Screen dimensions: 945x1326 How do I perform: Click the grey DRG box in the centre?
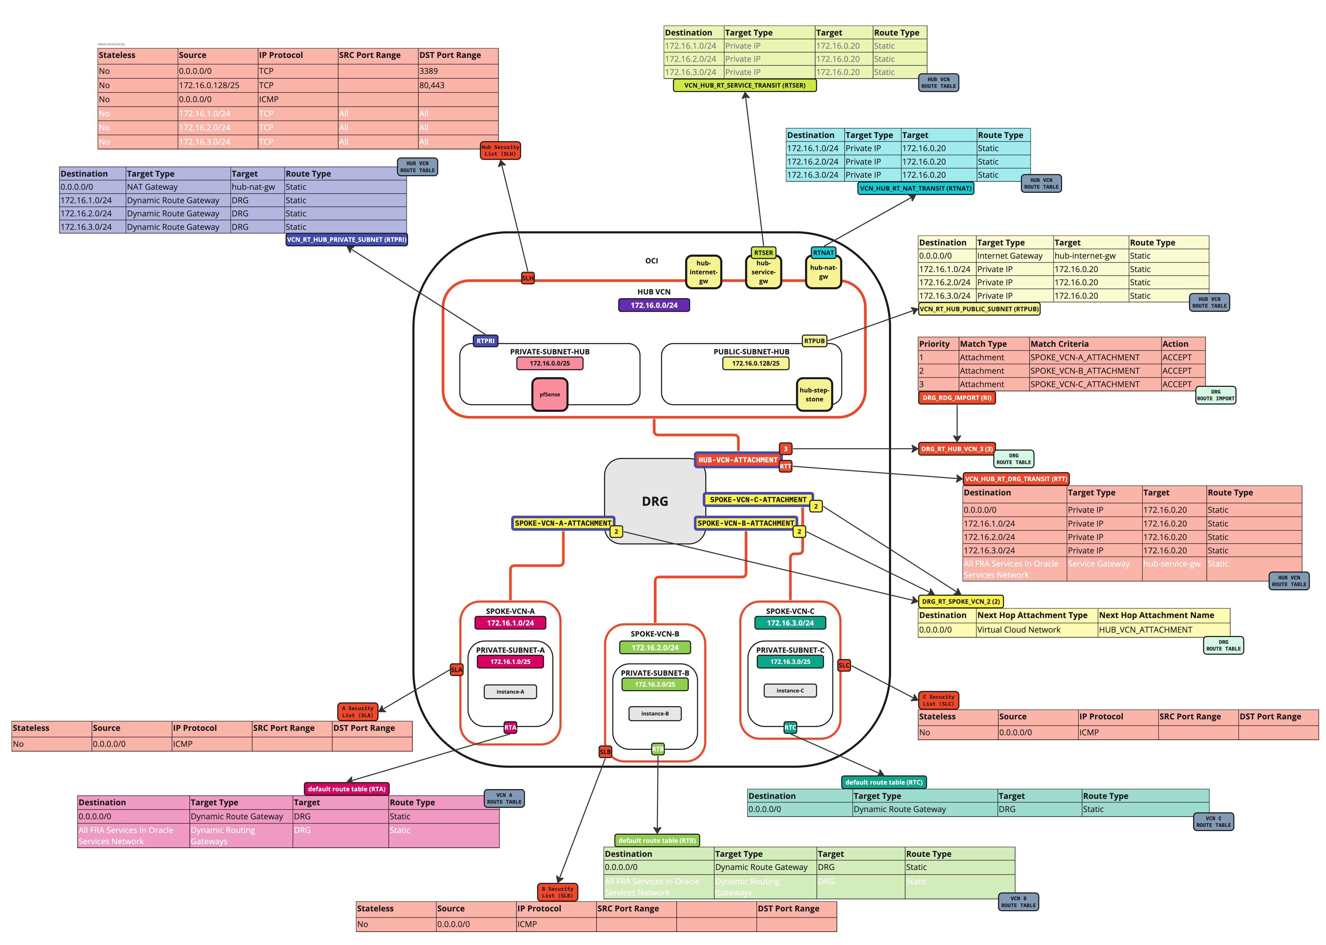point(655,501)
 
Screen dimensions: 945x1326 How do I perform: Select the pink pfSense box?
point(549,394)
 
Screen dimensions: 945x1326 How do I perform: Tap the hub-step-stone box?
point(814,394)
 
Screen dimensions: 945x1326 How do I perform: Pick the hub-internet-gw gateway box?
point(703,272)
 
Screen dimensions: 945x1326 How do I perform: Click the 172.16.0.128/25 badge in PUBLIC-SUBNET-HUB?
point(755,363)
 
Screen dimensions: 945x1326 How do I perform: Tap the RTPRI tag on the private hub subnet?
point(485,341)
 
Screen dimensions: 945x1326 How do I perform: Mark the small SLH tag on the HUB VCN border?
point(527,278)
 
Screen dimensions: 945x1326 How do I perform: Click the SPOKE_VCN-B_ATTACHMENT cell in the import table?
point(1084,371)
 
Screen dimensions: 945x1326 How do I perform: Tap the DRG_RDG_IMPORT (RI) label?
point(957,398)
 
